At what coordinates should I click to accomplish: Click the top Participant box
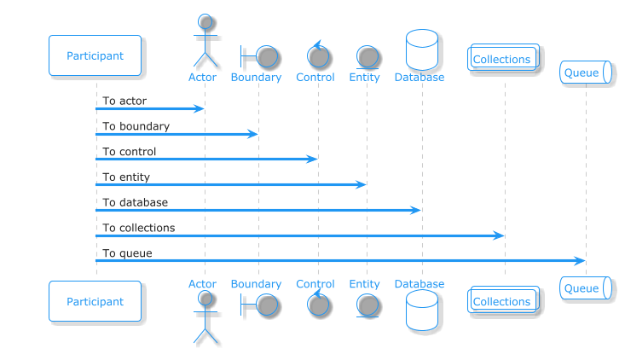coord(95,55)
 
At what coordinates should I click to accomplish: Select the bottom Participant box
coord(95,301)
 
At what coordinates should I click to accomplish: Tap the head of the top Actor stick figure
coord(205,21)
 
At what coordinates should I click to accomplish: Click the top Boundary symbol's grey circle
coord(267,56)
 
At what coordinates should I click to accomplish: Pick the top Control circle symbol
coord(318,56)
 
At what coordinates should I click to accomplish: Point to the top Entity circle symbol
coord(367,56)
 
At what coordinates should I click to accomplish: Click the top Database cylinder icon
coord(422,49)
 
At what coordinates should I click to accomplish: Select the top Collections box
coord(503,57)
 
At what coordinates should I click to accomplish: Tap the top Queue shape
coord(586,73)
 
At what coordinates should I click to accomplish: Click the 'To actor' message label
coord(124,101)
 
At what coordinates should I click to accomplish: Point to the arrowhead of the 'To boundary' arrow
coord(252,134)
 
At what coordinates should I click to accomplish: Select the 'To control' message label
coord(129,152)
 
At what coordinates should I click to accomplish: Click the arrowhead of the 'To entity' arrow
coord(361,184)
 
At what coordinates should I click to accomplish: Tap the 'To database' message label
coord(135,202)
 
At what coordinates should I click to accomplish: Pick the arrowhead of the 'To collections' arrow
coord(499,235)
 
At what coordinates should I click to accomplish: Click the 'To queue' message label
coord(127,253)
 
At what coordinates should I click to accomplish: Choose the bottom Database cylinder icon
coord(422,311)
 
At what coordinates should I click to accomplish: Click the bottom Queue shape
coord(586,287)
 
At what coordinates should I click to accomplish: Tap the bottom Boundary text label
coord(256,284)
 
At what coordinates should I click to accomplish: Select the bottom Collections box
coord(503,299)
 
